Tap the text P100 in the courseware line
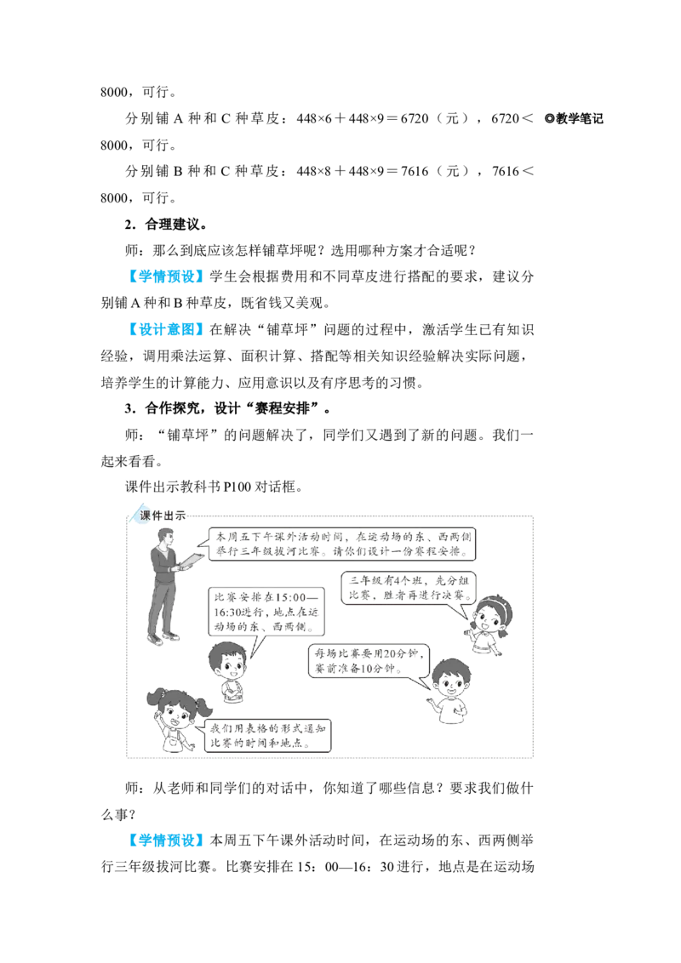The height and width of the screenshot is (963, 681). (x=237, y=487)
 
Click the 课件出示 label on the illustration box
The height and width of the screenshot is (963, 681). (x=163, y=516)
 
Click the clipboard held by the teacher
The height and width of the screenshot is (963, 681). (x=191, y=561)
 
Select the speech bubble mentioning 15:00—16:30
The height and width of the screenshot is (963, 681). (x=266, y=612)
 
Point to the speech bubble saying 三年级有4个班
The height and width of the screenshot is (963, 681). (x=409, y=588)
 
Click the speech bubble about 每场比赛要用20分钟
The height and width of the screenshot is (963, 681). (x=369, y=661)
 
